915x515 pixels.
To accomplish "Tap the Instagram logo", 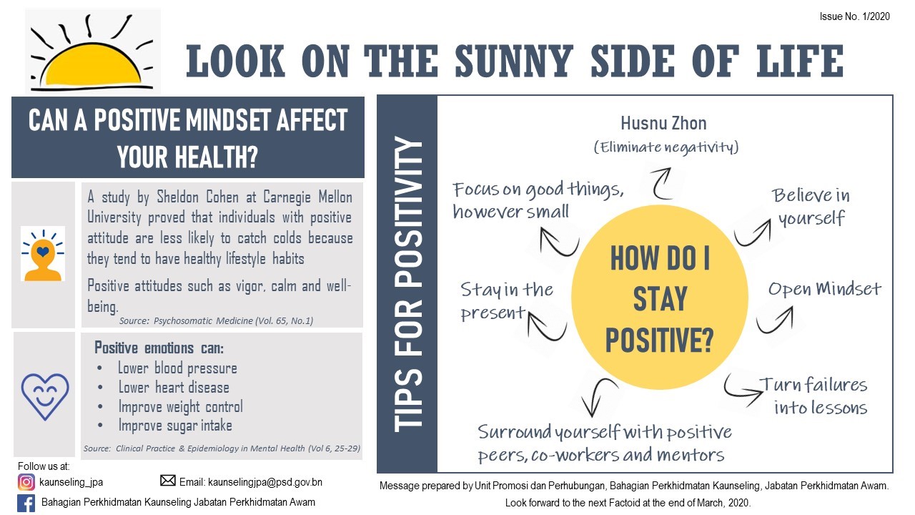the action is pos(26,482).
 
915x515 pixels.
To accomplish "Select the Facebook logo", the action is pos(26,503).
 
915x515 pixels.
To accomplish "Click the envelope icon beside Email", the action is pos(168,481).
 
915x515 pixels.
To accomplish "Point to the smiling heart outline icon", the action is pos(45,396).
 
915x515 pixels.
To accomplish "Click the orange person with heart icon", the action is pos(43,254).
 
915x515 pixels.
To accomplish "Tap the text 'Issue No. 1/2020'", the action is pos(854,16).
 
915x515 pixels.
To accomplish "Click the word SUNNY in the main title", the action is pos(514,61).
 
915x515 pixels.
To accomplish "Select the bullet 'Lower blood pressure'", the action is pos(177,368).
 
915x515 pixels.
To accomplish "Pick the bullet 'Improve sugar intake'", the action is pos(175,426).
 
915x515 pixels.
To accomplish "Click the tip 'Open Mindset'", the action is pos(825,289).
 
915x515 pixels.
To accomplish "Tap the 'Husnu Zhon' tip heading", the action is pos(664,123).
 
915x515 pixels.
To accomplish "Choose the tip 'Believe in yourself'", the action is pos(811,207).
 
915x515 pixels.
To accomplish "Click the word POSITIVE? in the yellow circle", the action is pos(659,340).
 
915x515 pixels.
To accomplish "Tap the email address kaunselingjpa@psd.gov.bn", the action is pos(265,482).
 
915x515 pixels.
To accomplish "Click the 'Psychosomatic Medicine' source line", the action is pos(216,321).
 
